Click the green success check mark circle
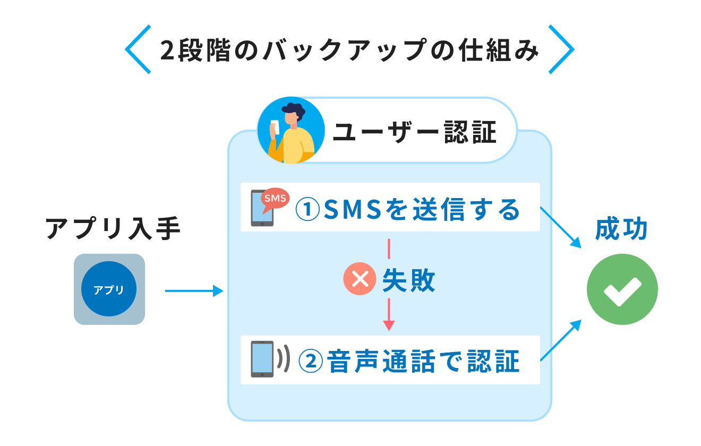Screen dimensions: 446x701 (x=622, y=289)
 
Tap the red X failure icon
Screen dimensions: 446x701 (x=360, y=280)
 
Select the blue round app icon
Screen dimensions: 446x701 (x=109, y=289)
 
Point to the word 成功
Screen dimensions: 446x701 (x=621, y=229)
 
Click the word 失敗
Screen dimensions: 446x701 (x=408, y=280)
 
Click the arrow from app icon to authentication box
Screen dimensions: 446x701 (x=194, y=290)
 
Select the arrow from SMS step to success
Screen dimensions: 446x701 (x=561, y=227)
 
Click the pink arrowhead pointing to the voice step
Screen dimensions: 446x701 (x=389, y=325)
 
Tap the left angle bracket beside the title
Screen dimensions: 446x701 (x=138, y=49)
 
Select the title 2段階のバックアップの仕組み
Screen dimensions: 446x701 (x=349, y=50)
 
